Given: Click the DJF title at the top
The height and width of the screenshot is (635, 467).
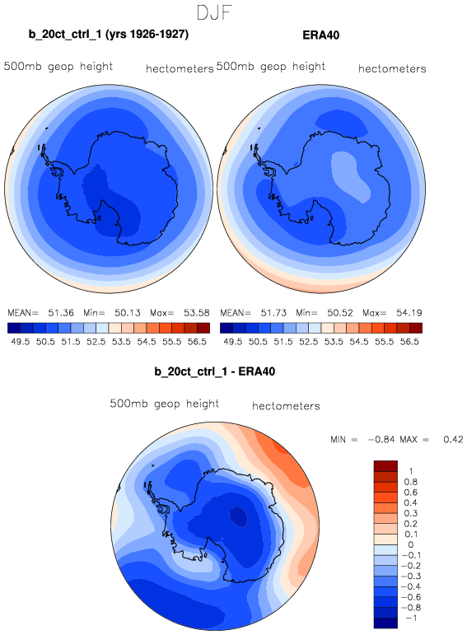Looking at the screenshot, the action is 214,12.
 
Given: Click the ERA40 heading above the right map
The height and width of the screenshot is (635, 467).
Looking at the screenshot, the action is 320,35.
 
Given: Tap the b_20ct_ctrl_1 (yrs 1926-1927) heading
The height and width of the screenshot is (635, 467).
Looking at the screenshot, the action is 109,35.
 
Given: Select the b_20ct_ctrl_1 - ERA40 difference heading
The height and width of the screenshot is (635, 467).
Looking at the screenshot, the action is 215,371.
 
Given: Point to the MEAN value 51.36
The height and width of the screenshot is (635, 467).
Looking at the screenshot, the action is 61,313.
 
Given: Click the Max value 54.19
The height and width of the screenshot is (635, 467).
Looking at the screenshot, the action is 409,313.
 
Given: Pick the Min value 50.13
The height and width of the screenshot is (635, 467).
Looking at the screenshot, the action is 128,313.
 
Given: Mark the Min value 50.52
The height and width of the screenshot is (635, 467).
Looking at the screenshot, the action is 340,313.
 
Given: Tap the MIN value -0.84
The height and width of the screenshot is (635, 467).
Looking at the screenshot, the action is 381,440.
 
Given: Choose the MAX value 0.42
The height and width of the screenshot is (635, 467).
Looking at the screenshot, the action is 453,440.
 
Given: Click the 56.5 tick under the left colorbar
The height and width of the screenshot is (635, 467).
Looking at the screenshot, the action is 197,342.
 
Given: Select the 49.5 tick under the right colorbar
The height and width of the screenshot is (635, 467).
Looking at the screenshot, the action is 233,342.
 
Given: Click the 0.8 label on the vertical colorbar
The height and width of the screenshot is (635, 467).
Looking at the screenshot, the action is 411,482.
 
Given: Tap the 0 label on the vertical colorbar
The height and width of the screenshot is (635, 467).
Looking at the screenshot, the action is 411,544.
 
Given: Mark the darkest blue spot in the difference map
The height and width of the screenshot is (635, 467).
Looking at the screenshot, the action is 238,516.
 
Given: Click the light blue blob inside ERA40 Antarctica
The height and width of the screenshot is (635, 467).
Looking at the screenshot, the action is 351,176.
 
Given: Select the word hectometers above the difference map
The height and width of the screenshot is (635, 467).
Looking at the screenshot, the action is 286,406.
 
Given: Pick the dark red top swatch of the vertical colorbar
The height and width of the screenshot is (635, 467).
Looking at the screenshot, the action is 385,465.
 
